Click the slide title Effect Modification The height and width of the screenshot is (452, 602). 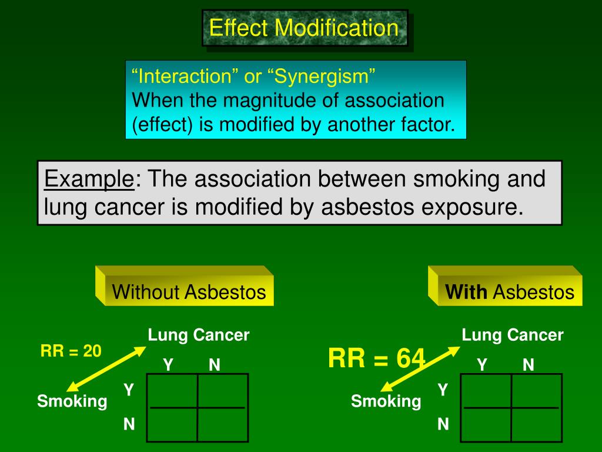(304, 28)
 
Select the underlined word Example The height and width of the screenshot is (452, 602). (89, 178)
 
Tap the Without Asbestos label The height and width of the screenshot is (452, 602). (189, 292)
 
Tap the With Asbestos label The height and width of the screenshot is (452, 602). (509, 292)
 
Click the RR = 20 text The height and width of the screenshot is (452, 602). (71, 351)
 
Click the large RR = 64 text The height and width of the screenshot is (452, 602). (376, 358)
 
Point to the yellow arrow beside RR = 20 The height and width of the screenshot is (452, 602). (106, 368)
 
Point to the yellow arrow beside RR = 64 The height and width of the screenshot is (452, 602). (420, 368)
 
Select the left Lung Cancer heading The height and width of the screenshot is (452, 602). (199, 335)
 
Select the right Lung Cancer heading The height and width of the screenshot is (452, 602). (513, 335)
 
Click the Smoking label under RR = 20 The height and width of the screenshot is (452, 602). (72, 401)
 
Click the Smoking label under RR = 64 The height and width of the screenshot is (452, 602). (386, 401)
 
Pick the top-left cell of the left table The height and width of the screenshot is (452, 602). (172, 390)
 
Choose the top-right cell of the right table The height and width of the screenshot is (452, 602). (536, 390)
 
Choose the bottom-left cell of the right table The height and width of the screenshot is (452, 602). (486, 424)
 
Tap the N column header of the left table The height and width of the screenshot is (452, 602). (215, 365)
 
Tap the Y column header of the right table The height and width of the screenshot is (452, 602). (482, 365)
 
